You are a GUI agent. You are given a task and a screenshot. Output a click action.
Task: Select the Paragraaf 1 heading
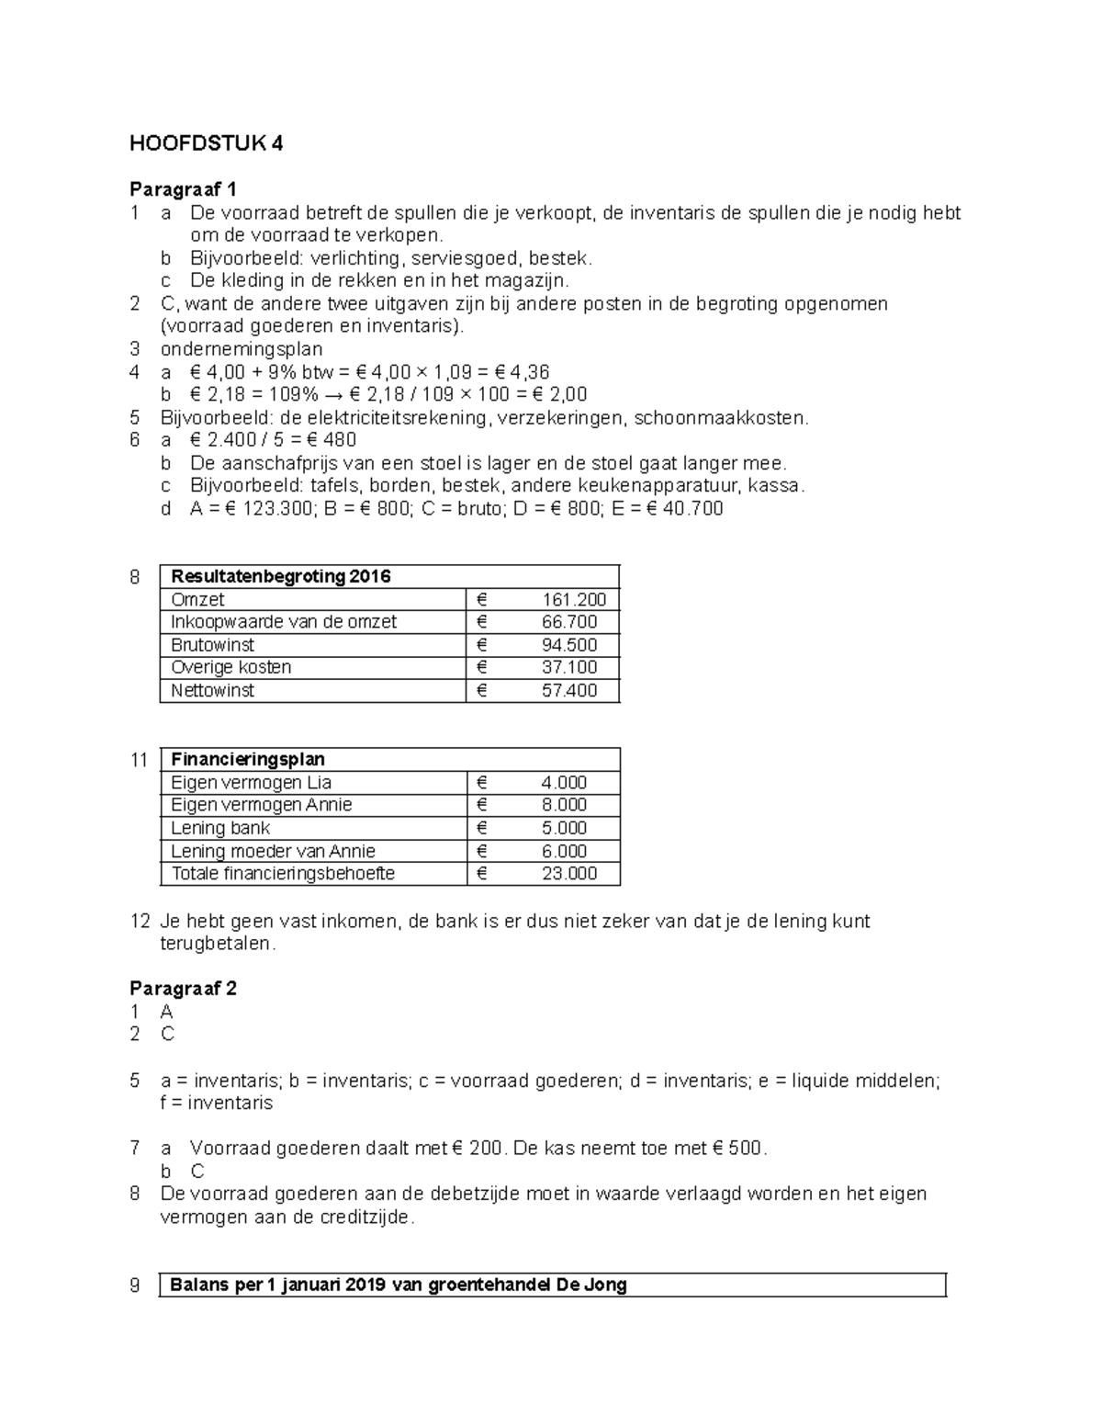pos(183,190)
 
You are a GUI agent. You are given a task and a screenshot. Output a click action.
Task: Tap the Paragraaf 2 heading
pos(183,989)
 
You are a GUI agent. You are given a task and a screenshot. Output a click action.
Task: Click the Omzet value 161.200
pos(574,600)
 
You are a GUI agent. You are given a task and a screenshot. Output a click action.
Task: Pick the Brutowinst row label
pos(212,645)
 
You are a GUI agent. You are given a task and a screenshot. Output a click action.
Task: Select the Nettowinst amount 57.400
pos(569,690)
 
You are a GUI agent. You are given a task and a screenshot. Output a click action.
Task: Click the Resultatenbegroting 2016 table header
pos(280,577)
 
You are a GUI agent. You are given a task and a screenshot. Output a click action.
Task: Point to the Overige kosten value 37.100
pos(569,667)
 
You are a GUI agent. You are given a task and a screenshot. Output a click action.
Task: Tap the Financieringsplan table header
pos(247,760)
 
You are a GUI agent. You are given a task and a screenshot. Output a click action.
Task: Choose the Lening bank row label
pos(220,828)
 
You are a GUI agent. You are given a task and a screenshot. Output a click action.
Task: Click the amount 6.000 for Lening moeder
pos(564,851)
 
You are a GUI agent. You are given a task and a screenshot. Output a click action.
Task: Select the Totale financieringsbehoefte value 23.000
pos(569,873)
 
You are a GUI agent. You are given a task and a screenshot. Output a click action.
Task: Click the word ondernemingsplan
pos(242,349)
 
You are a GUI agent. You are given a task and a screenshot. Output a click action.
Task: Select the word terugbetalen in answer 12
pos(216,944)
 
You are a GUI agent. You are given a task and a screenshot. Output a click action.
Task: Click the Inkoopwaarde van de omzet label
pos(284,622)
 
